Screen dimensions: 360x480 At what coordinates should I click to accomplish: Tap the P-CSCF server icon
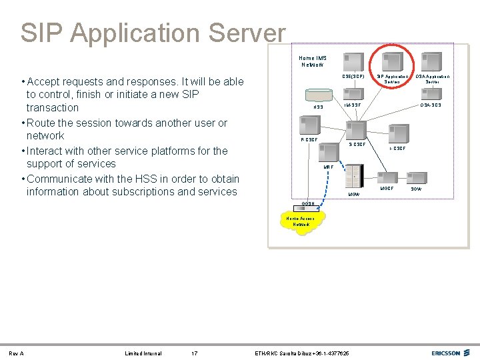click(x=309, y=125)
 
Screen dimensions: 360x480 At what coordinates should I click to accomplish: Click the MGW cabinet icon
click(x=354, y=177)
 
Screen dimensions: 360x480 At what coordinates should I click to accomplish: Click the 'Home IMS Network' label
click(x=313, y=61)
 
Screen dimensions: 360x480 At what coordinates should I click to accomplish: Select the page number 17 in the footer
click(x=194, y=353)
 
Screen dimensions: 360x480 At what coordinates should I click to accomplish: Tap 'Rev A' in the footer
click(x=17, y=353)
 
